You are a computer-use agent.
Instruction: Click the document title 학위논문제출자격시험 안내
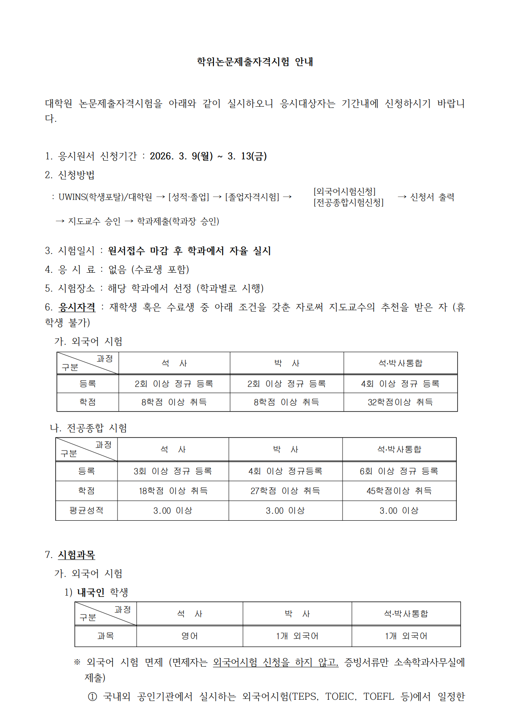[255, 62]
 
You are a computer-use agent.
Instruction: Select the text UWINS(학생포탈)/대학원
[105, 197]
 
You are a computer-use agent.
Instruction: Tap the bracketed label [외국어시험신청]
[344, 192]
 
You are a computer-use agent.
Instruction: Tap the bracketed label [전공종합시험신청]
[348, 202]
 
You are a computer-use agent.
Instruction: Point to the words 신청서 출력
[432, 197]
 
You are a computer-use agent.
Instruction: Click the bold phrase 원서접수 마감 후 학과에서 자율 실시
[189, 251]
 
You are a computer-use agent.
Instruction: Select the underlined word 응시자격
[77, 307]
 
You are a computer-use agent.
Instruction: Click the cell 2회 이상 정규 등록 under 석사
[174, 384]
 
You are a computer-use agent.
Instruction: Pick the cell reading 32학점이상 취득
[400, 402]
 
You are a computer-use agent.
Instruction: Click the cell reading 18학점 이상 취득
[173, 491]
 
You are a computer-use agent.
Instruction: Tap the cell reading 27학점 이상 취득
[285, 491]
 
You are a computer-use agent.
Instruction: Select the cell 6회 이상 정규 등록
[399, 471]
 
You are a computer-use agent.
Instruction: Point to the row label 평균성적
[86, 510]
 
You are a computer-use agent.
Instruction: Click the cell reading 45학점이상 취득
[399, 491]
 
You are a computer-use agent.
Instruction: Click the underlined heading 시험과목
[77, 555]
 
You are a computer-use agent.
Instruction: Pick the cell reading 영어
[189, 636]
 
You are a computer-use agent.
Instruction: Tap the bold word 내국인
[91, 592]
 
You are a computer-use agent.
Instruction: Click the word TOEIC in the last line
[340, 696]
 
